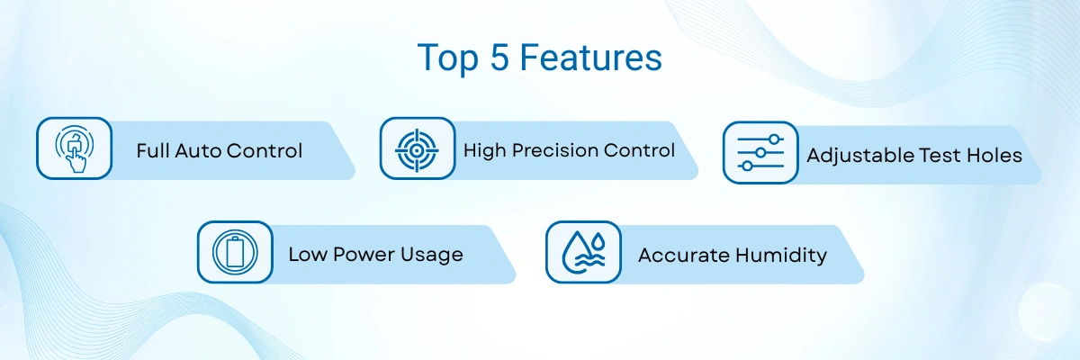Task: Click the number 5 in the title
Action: (499, 58)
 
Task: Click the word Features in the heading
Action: (591, 58)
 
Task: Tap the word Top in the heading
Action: (447, 59)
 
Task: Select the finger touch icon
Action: (74, 148)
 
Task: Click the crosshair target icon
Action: (417, 150)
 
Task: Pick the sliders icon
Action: (760, 153)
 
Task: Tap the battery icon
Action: (235, 252)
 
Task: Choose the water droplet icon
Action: (583, 252)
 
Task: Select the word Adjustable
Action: (860, 156)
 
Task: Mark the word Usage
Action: (431, 256)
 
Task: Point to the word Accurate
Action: (683, 256)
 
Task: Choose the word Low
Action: (307, 255)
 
